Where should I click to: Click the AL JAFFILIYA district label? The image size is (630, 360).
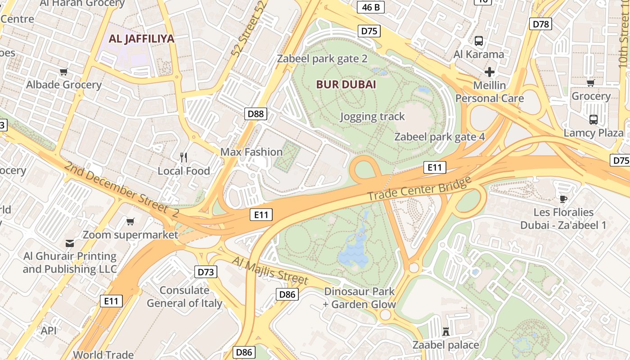click(x=141, y=39)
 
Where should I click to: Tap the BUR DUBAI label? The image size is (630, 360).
click(x=346, y=85)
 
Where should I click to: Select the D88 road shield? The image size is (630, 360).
click(x=256, y=113)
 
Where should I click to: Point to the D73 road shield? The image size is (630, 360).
click(x=206, y=272)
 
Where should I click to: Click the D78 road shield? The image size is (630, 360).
click(x=540, y=24)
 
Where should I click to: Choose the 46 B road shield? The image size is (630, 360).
click(x=371, y=7)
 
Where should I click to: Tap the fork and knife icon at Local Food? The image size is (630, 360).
click(x=184, y=157)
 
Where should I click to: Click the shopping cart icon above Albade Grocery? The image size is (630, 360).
click(x=64, y=72)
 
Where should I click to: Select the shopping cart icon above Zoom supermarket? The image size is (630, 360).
click(x=130, y=221)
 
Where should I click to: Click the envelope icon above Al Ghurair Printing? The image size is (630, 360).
click(x=70, y=243)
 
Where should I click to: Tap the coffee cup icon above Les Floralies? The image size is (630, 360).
click(x=563, y=199)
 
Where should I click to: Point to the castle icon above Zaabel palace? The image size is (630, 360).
click(x=446, y=332)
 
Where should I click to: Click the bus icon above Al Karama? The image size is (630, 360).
click(x=479, y=41)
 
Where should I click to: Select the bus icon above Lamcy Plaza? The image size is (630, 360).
click(x=594, y=120)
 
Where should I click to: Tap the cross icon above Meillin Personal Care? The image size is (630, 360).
click(x=490, y=72)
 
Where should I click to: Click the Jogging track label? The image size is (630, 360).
click(x=372, y=117)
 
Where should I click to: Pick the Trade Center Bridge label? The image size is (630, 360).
click(x=419, y=189)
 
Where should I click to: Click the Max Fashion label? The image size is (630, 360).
click(x=251, y=152)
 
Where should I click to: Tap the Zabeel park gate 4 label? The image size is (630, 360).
click(x=440, y=137)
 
